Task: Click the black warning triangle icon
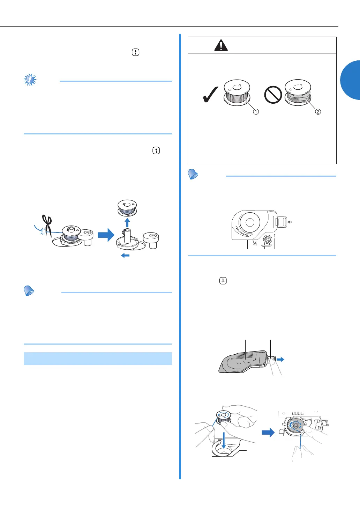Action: [221, 45]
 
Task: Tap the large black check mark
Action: [210, 95]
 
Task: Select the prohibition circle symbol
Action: [273, 95]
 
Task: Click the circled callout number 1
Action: [256, 112]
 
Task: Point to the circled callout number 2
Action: [318, 112]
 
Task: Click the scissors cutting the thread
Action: [47, 225]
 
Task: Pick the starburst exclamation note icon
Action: [30, 80]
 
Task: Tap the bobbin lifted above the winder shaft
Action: [127, 208]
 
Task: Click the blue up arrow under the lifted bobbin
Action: [127, 223]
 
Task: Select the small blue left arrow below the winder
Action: [125, 256]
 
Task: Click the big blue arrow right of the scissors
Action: [106, 235]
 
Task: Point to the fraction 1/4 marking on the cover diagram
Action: [255, 243]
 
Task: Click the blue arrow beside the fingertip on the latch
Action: [280, 359]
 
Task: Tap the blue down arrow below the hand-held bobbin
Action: [224, 440]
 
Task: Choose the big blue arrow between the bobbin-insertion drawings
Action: [268, 432]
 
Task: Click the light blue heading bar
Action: [98, 359]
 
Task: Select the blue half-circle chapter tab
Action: [350, 80]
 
